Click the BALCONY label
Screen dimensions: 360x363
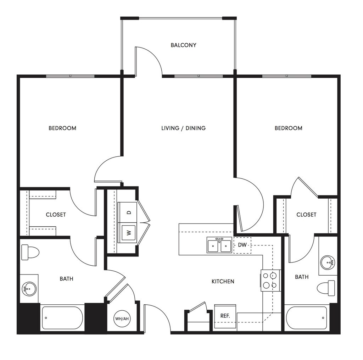pos(183,45)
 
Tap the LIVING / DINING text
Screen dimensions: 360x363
pos(183,128)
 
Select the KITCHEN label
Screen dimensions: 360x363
pos(223,281)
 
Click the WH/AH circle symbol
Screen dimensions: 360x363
pos(122,319)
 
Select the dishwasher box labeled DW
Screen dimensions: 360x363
pos(242,245)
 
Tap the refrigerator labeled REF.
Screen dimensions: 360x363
pos(225,316)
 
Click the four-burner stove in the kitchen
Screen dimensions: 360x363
pos(270,280)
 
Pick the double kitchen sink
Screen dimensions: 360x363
pos(219,245)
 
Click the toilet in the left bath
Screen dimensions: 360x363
pos(30,253)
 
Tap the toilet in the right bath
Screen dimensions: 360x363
pos(326,288)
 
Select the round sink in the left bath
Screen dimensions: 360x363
pos(29,289)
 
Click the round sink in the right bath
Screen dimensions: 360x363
pos(327,262)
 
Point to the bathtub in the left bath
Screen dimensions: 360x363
pos(62,317)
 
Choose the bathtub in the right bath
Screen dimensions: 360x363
pos(306,317)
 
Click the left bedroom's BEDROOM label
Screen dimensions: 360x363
pos(62,128)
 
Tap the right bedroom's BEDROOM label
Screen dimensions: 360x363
pos(288,128)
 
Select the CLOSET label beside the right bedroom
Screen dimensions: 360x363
pos(306,215)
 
